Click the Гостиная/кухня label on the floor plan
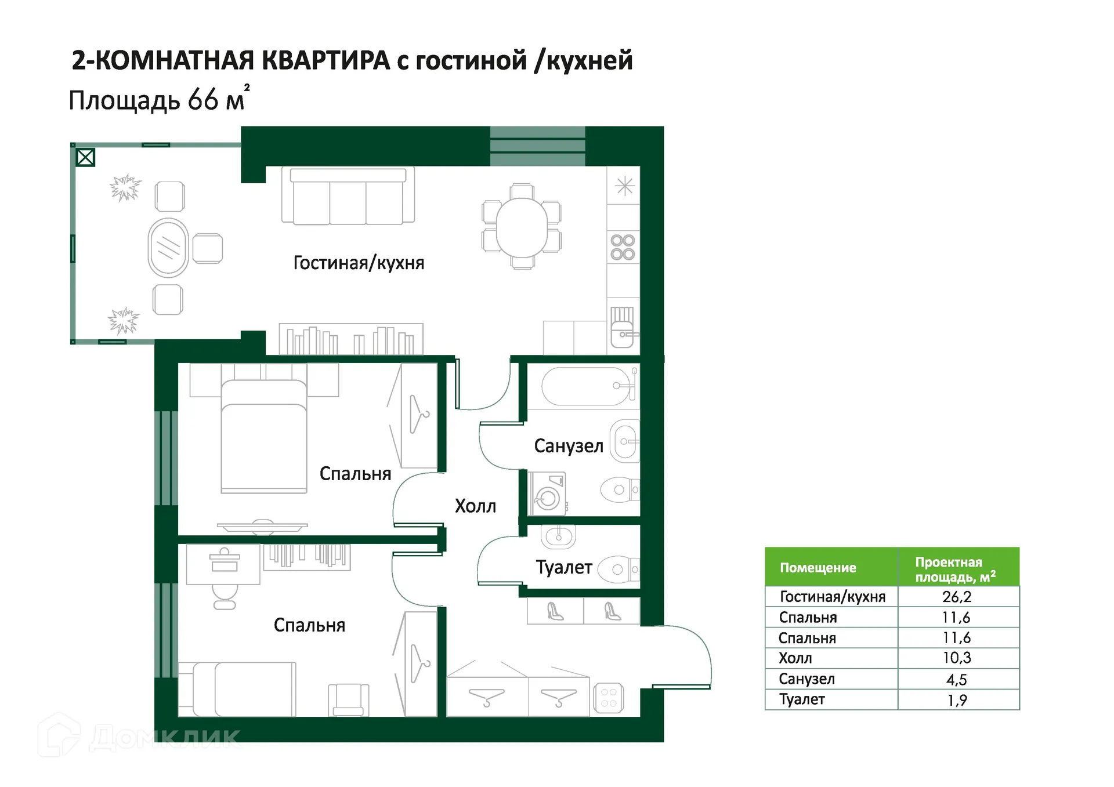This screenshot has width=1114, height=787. tap(359, 263)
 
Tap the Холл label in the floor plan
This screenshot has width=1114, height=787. tap(475, 506)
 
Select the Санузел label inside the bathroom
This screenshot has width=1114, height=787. tap(569, 446)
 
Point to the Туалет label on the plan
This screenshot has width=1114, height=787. tap(564, 567)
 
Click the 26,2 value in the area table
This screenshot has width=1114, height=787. tap(957, 597)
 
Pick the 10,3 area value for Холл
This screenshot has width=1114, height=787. tap(957, 658)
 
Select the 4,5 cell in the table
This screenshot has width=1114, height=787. tap(957, 679)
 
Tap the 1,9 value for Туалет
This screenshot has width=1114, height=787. tap(957, 700)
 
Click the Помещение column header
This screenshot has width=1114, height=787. tap(818, 568)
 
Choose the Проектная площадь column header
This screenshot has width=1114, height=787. tap(955, 569)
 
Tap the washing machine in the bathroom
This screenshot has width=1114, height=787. tap(547, 494)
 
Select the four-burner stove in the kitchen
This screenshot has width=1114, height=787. tap(623, 247)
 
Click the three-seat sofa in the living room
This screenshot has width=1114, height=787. tap(348, 197)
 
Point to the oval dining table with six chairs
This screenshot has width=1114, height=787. tap(522, 227)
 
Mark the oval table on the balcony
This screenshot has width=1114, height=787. tap(168, 248)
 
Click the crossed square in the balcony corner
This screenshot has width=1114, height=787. tap(85, 157)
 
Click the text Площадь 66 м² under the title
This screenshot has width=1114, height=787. tap(158, 100)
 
